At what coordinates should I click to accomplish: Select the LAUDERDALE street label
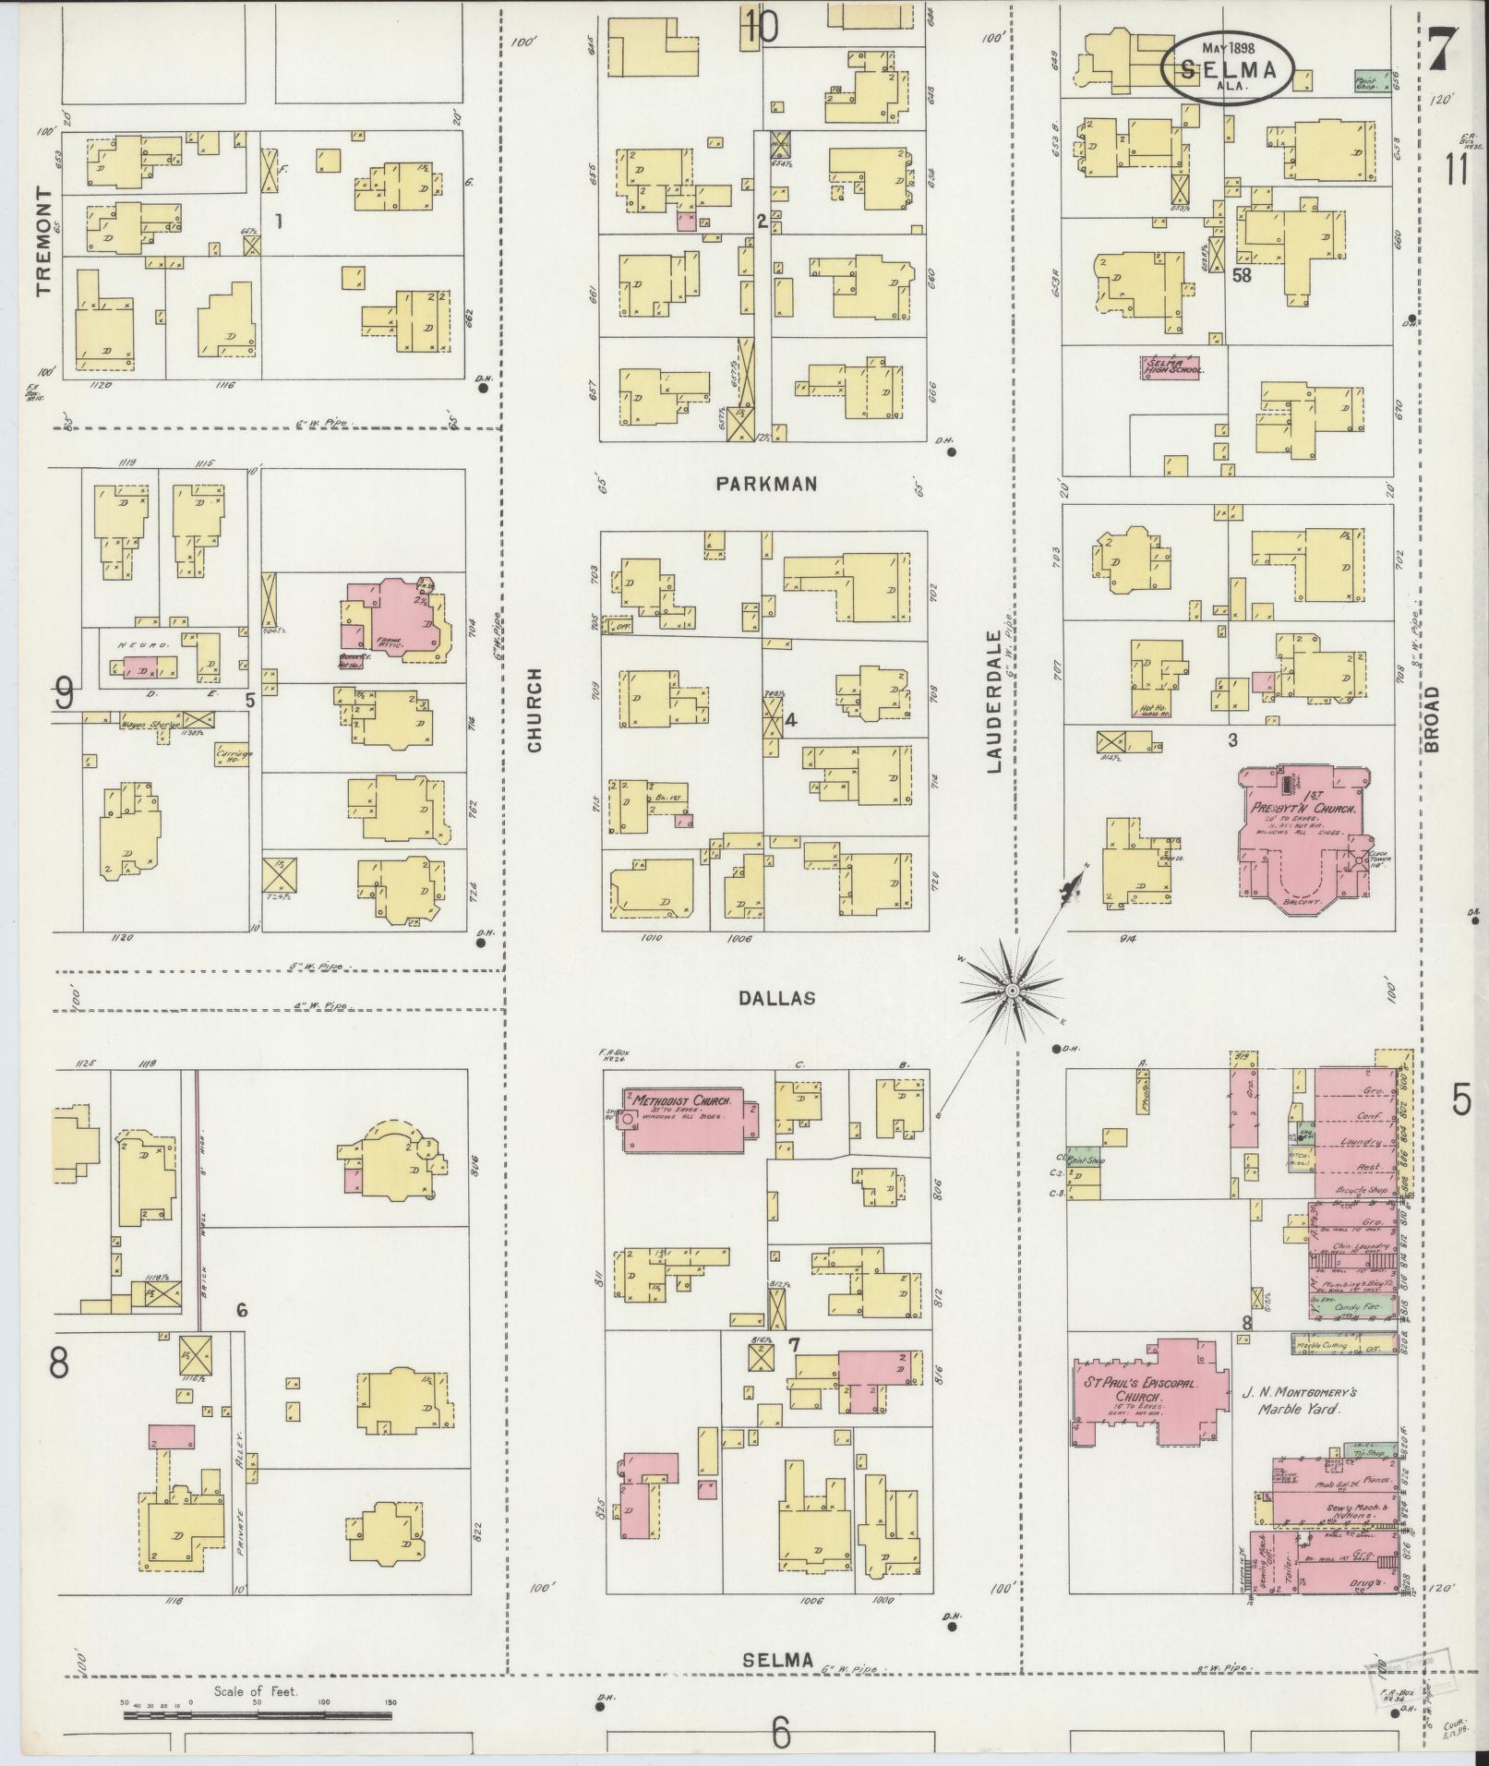tap(994, 702)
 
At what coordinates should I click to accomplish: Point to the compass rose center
tap(1011, 990)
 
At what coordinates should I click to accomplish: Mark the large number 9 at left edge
tap(65, 692)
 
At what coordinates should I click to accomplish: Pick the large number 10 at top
tap(763, 27)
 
